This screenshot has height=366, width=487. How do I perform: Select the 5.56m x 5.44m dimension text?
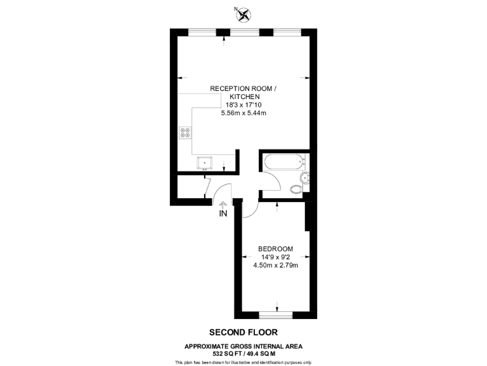tap(243, 113)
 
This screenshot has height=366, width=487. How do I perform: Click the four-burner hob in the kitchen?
tap(186, 133)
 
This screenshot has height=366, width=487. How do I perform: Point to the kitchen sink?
tap(205, 162)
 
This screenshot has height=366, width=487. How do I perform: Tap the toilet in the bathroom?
tap(295, 188)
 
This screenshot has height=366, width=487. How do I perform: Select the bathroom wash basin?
tap(305, 178)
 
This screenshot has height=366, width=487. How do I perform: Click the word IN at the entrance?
tap(223, 214)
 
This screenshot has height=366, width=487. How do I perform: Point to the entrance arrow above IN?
tap(223, 204)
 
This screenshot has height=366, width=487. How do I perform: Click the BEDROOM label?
tap(275, 248)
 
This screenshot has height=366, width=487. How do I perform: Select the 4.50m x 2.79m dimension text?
tap(275, 265)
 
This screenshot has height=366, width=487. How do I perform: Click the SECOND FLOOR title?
tap(243, 332)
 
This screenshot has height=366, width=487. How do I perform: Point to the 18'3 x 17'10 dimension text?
tap(243, 105)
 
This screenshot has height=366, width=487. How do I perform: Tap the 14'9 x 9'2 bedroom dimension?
tap(275, 257)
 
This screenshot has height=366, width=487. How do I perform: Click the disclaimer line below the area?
tap(243, 362)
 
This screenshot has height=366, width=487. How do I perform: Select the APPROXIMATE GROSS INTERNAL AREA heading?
tap(243, 346)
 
